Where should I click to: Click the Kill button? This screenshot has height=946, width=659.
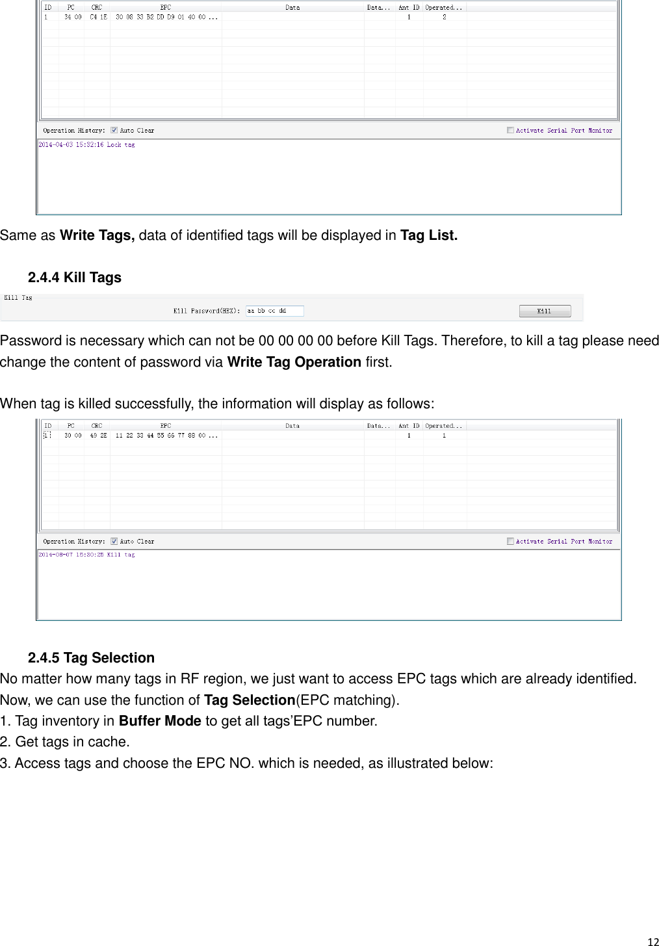click(545, 311)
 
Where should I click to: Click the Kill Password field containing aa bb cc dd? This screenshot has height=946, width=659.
click(274, 311)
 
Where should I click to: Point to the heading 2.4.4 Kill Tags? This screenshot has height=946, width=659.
click(75, 278)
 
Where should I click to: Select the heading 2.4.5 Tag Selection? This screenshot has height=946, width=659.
click(91, 658)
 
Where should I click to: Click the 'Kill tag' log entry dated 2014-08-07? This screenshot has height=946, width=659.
click(87, 555)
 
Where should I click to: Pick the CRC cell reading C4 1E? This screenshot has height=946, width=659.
click(97, 18)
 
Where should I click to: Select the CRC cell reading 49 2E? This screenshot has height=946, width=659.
click(97, 436)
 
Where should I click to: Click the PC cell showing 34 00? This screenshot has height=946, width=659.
click(73, 18)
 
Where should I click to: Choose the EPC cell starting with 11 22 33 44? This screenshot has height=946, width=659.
click(161, 436)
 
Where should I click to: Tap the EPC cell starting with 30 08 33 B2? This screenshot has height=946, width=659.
click(161, 18)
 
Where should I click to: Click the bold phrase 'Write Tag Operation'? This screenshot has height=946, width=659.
click(294, 362)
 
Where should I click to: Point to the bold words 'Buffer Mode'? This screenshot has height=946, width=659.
click(160, 721)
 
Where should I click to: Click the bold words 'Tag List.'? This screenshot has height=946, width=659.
click(429, 235)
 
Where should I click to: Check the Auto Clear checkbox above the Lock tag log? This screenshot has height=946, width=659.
click(114, 130)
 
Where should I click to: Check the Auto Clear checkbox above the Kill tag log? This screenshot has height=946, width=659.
click(114, 541)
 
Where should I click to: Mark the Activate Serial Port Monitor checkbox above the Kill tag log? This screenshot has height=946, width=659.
click(510, 541)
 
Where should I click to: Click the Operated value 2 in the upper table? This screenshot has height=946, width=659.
click(445, 18)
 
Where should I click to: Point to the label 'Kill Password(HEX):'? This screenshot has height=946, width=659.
click(207, 311)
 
